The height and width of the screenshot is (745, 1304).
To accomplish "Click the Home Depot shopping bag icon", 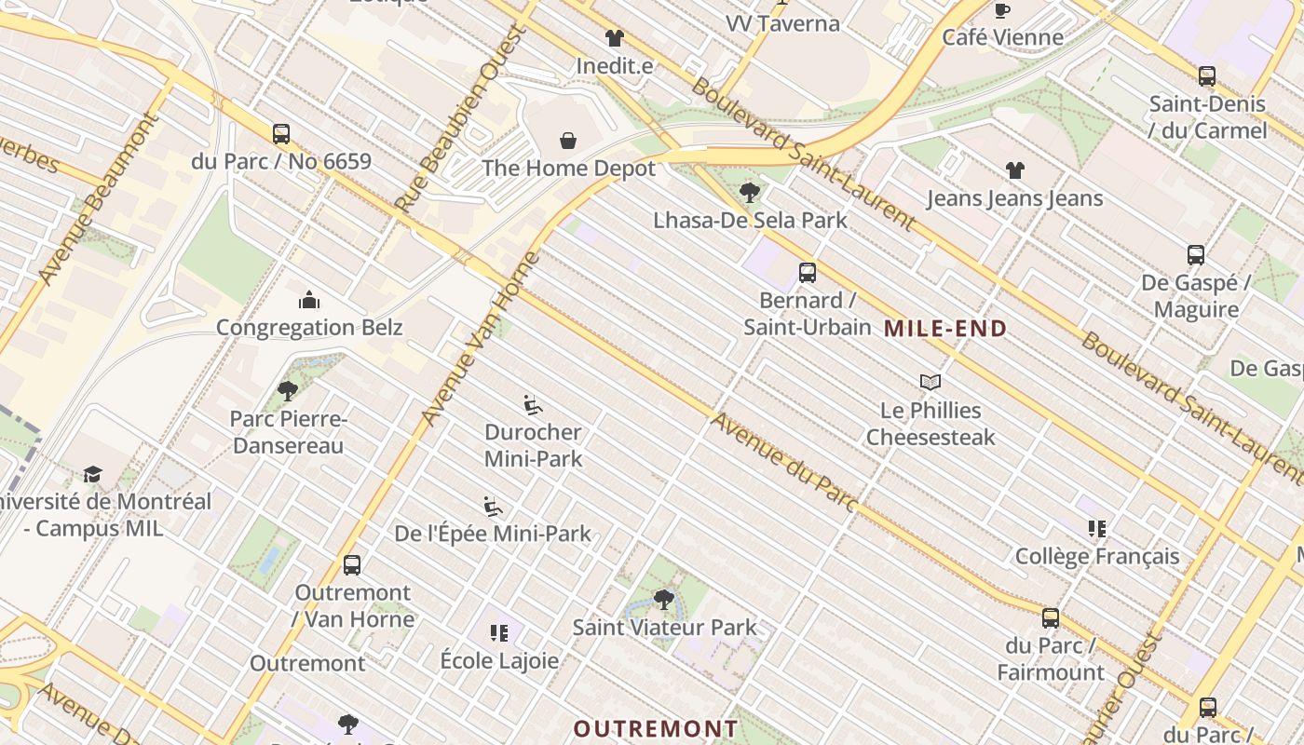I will pos(568,141).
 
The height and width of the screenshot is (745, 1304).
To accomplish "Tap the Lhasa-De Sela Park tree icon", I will pos(749,193).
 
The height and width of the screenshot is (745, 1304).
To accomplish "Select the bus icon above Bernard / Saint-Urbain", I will pos(808,273).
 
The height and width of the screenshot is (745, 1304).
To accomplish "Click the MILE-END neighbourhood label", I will pos(945,328).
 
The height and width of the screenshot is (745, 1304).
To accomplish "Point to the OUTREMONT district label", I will pos(656,728).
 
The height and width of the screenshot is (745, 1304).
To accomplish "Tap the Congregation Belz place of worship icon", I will pos(309,300).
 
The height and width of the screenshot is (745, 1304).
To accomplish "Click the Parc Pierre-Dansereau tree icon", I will pos(288,391).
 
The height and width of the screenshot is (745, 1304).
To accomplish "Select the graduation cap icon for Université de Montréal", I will pos(92,474).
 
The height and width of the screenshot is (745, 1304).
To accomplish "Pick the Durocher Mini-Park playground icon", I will pos(533,405).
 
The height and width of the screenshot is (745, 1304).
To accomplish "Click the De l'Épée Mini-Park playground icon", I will pos(494,507).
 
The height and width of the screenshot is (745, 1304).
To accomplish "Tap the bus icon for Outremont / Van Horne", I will pos(352,565).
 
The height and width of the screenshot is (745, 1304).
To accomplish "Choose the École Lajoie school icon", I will pos(499,633).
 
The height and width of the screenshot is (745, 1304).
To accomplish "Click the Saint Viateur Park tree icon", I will pos(664,599).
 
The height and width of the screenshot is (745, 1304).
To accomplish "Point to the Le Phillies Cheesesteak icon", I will pos(930,382).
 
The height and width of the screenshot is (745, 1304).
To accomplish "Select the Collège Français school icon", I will pos(1097,529).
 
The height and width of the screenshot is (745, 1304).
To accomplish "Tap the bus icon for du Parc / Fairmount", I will pos(1051,618).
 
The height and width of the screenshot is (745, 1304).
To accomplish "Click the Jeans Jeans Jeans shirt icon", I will pos(1014,170).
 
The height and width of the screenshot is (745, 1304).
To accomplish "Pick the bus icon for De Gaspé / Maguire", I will pos(1196,255).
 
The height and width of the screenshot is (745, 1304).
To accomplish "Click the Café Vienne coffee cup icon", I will pos(1002,10).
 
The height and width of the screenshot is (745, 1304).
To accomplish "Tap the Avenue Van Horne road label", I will pos(481,339).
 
